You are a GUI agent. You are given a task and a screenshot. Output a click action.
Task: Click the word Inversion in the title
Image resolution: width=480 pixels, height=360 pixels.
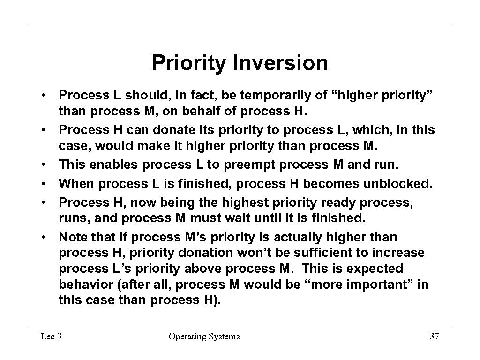tap(280, 63)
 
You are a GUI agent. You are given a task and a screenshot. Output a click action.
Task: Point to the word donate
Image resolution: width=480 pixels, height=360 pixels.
tap(148, 129)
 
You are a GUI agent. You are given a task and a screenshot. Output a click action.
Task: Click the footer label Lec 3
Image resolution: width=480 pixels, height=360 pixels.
tap(51, 336)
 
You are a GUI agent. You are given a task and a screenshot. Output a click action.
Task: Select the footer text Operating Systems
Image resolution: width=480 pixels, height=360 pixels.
tap(204, 336)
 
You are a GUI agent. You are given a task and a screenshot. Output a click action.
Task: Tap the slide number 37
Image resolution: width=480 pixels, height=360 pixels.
tap(434, 336)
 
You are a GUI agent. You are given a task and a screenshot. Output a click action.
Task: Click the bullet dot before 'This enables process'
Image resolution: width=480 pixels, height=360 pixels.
tap(43, 165)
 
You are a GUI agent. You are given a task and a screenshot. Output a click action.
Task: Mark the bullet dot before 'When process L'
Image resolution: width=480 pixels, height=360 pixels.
tap(43, 184)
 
